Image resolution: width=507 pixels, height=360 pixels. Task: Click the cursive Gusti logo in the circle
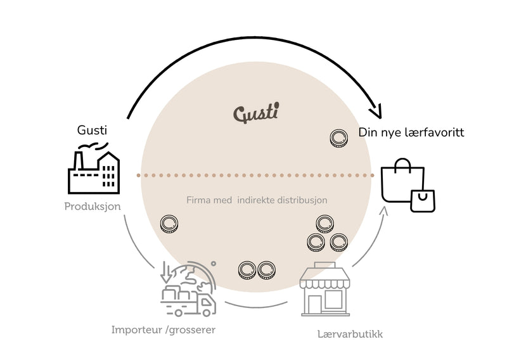256,113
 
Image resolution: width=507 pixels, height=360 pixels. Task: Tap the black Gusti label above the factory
92,130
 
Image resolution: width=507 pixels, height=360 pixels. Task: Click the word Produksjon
93,207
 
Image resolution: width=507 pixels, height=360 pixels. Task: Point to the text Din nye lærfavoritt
411,132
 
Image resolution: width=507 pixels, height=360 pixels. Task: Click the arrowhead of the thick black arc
376,112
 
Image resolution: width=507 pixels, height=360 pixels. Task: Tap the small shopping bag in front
423,201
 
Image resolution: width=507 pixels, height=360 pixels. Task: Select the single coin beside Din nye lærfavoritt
338,138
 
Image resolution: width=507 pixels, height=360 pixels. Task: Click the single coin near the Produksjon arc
169,224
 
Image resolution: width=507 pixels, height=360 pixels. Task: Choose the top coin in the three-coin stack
324,224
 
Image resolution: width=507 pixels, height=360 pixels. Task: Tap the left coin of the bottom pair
247,271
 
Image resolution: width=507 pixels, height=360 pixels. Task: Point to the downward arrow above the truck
166,272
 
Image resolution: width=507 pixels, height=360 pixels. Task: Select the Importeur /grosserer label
164,330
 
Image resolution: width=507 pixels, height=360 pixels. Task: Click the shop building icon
325,289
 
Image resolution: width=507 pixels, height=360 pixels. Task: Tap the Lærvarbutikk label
350,334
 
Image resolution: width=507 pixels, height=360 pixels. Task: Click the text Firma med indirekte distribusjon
257,200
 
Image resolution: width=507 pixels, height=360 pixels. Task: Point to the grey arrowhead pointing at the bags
383,211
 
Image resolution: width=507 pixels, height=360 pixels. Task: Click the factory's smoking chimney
77,160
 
